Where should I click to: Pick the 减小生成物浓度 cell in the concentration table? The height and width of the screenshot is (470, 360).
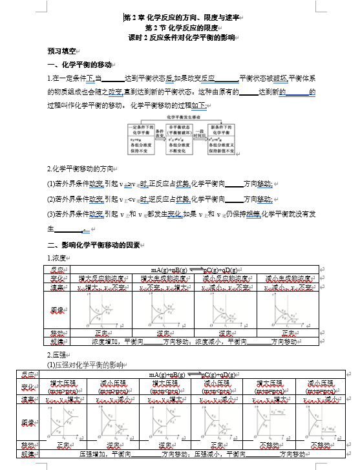coord(289,279)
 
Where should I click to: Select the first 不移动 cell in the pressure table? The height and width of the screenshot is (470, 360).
coord(270,445)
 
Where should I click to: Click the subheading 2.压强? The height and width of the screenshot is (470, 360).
coord(58,355)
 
